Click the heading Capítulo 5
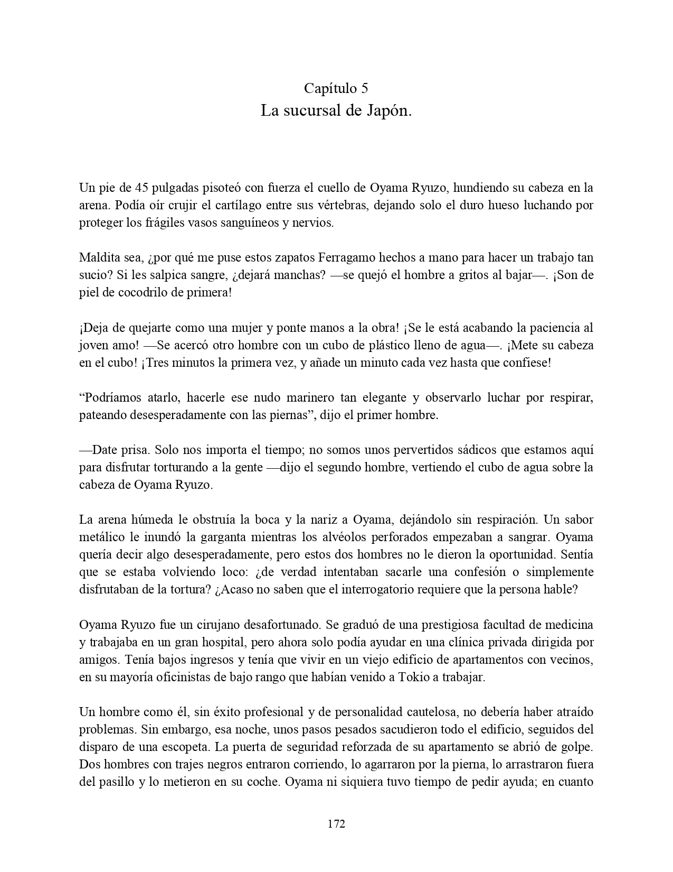336,88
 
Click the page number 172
336,823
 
